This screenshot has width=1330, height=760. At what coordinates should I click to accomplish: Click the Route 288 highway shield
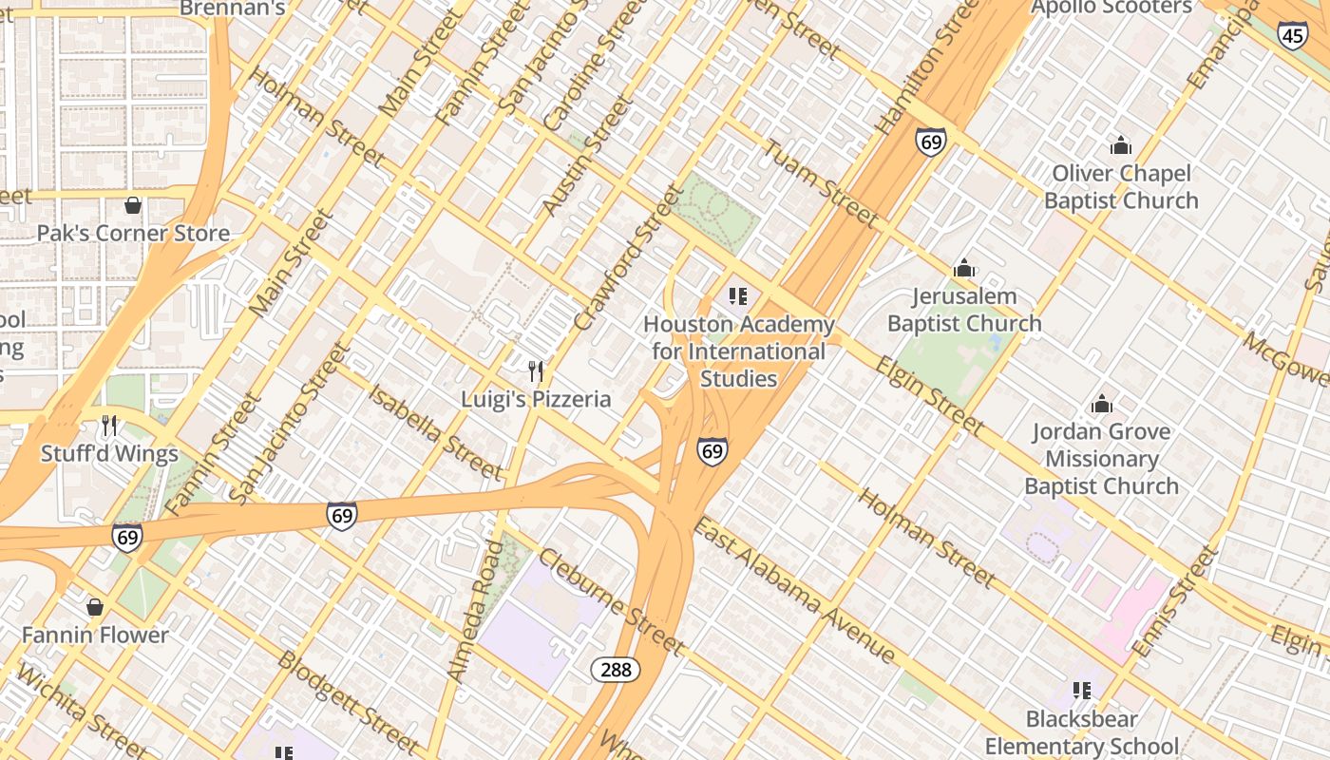pyautogui.click(x=616, y=670)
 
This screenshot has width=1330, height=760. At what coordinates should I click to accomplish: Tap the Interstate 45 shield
pyautogui.click(x=1291, y=36)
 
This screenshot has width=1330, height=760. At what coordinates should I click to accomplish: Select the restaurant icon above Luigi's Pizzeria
pyautogui.click(x=537, y=370)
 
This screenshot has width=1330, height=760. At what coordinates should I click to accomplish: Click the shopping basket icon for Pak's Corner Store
pyautogui.click(x=133, y=205)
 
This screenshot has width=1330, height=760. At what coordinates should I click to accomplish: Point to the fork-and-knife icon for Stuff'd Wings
pyautogui.click(x=109, y=426)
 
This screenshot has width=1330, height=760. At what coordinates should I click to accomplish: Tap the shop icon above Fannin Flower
pyautogui.click(x=95, y=606)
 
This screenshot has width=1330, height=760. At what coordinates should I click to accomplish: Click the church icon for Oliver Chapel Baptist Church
pyautogui.click(x=1121, y=145)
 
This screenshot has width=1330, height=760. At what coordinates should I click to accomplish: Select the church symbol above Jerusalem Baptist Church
pyautogui.click(x=964, y=268)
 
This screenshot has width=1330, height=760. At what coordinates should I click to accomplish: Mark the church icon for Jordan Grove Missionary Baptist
pyautogui.click(x=1102, y=404)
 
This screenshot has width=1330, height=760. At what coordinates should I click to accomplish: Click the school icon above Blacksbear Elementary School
pyautogui.click(x=1081, y=691)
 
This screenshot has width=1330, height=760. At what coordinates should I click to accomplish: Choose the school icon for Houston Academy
pyautogui.click(x=738, y=296)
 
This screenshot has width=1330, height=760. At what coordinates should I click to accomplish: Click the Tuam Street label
pyautogui.click(x=821, y=183)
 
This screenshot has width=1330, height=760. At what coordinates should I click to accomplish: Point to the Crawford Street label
pyautogui.click(x=628, y=258)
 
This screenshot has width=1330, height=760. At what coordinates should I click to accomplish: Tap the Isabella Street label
pyautogui.click(x=435, y=432)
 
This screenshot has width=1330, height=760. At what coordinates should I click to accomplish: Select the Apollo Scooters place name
pyautogui.click(x=1111, y=8)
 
